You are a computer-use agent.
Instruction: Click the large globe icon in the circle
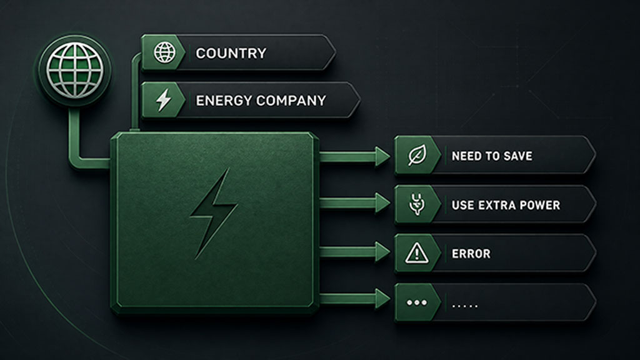tap(75, 70)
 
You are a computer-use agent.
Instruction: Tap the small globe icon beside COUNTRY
tap(164, 52)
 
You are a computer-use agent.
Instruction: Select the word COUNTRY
tap(231, 53)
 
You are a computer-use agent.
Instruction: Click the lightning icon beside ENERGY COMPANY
tap(164, 100)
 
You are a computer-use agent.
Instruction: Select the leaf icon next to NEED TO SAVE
tap(417, 155)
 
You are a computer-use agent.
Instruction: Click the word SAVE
tap(518, 156)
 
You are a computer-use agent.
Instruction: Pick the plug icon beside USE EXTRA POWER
tap(417, 204)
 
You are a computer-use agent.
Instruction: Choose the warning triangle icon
tap(417, 253)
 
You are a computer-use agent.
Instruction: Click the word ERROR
tap(471, 254)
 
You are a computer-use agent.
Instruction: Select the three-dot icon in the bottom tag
tap(417, 303)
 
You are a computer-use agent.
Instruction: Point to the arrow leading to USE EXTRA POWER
tap(354, 203)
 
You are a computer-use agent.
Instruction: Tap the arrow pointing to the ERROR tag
tap(354, 252)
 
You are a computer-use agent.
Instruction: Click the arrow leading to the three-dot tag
tap(354, 299)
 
